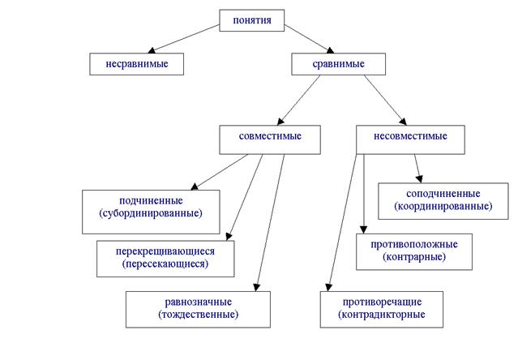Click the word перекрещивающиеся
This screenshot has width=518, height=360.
point(165,251)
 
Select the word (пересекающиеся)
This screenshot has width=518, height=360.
point(165,264)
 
